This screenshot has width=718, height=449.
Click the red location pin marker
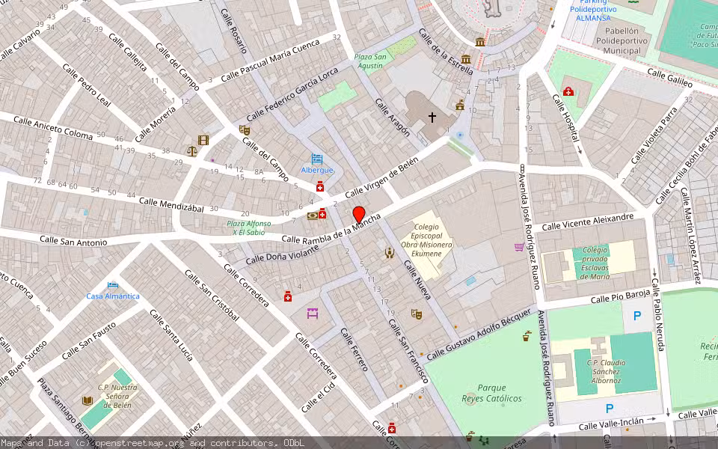358,214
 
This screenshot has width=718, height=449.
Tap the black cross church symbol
432,117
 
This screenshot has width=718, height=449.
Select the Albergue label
317,170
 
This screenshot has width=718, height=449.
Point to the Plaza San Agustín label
369,61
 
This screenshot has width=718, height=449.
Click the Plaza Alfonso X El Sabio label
249,227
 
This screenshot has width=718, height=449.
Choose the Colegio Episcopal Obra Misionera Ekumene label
426,239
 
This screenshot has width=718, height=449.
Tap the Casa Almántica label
113,296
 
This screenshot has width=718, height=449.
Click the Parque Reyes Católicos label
491,394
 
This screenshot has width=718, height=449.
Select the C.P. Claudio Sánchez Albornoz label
603,372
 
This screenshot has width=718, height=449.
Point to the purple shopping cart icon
519,247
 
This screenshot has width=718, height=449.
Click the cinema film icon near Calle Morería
203,140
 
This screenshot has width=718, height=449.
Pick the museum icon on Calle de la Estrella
479,41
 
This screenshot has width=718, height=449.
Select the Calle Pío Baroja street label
620,297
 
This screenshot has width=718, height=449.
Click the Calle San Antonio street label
73,241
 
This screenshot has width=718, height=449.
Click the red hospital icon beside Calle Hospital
568,92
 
